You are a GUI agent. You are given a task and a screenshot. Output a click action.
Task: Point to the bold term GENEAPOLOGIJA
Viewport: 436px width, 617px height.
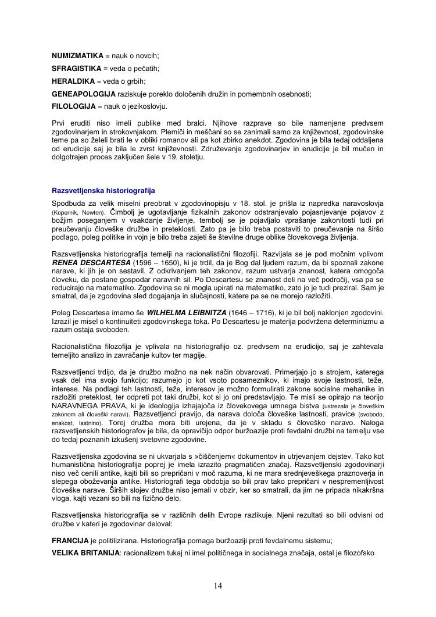pyautogui.click(x=84, y=94)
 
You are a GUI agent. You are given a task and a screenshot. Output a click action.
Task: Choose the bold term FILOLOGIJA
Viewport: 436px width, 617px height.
pyautogui.click(x=72, y=106)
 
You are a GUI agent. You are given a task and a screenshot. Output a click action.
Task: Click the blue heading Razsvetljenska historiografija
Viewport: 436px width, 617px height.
pyautogui.click(x=103, y=190)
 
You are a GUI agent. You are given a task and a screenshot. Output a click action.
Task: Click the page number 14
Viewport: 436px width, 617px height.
pyautogui.click(x=218, y=585)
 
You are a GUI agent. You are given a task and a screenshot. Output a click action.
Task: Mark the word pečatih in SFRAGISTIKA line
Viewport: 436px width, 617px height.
pyautogui.click(x=146, y=68)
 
